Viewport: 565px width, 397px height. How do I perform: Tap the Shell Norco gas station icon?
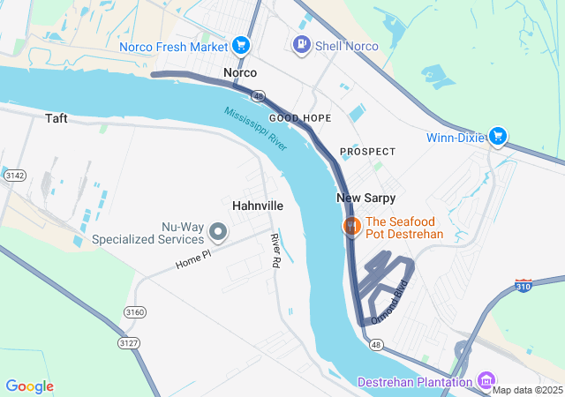pos(302,44)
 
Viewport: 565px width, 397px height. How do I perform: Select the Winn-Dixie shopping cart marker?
pos(499,136)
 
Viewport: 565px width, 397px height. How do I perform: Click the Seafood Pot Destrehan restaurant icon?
pos(351,227)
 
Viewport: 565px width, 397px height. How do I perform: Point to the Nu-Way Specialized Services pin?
pos(218,233)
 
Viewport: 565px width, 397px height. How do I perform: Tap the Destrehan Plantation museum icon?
pos(485,381)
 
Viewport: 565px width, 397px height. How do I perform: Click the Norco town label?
pos(240,72)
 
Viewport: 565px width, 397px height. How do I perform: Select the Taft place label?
pos(56,116)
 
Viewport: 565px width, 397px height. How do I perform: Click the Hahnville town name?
pos(258,205)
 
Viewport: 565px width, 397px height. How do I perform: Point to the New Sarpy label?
pos(365,198)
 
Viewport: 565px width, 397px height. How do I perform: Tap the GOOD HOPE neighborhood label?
pos(300,117)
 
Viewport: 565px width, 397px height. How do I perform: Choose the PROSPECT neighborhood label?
pos(367,152)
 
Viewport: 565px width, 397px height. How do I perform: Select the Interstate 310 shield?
pos(524,287)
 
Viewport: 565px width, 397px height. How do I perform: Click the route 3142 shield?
pos(14,176)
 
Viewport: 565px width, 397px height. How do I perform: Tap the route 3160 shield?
pos(135,312)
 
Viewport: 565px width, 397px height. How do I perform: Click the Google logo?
pos(29,386)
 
